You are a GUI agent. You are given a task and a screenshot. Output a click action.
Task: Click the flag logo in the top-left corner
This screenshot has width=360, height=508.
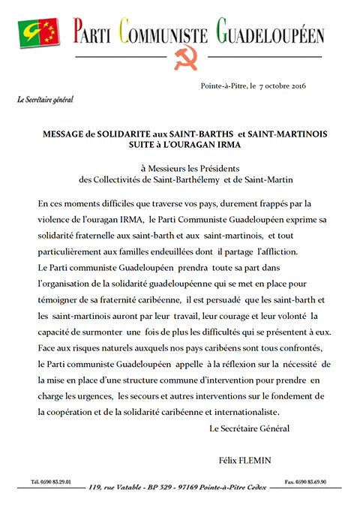click(40, 31)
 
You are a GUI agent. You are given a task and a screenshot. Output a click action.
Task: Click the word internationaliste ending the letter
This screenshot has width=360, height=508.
click(241, 412)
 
